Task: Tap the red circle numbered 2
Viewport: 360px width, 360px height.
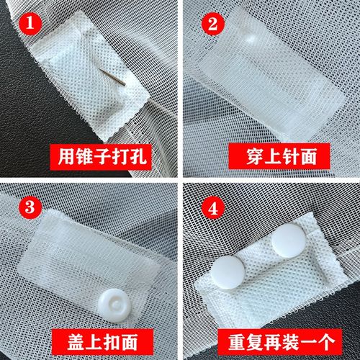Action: (x=212, y=24)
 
